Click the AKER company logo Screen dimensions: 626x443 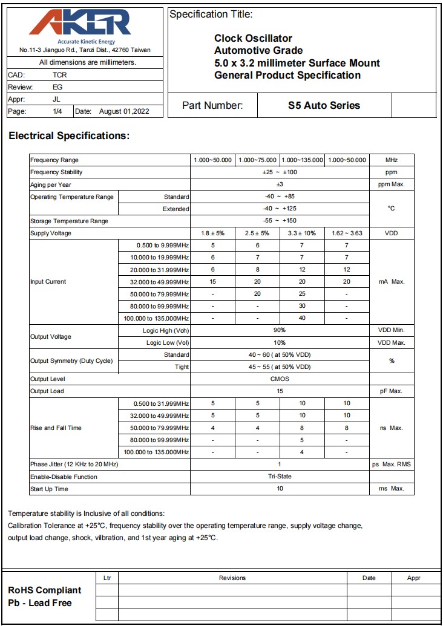79,24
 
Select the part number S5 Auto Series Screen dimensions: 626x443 324,105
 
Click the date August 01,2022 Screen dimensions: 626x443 123,111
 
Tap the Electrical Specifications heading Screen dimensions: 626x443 69,136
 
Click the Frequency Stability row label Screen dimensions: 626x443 56,172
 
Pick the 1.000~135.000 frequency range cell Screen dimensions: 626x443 302,160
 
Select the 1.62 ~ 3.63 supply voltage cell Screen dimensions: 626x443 347,233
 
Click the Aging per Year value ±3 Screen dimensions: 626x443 280,184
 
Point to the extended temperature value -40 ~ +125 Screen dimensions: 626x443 280,209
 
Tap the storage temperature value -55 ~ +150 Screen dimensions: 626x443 280,221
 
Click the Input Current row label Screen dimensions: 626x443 48,282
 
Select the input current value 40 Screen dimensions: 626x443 302,318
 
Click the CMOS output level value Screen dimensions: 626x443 280,379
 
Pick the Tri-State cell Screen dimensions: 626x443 280,477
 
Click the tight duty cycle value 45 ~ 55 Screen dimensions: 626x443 280,367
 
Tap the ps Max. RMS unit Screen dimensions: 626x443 392,465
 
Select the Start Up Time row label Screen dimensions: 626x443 49,489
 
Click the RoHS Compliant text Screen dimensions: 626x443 45,590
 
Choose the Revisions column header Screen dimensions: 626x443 232,578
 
